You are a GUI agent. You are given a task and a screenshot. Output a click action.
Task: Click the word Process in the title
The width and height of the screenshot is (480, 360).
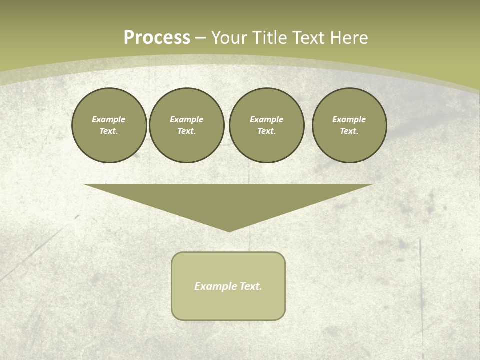coord(157,38)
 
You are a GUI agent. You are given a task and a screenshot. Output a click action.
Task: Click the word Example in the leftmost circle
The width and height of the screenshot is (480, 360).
coord(109,119)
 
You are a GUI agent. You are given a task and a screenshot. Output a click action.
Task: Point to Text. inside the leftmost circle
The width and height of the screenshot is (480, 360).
coord(109,131)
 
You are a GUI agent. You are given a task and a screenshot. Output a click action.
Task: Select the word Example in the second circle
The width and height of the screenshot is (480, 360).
coord(186,119)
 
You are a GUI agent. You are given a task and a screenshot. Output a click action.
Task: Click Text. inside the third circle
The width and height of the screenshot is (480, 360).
coord(266,131)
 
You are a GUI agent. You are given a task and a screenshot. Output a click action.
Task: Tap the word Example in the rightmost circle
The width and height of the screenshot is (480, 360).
coord(349,119)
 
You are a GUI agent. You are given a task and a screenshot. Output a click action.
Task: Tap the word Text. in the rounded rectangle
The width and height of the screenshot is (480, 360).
coord(251,286)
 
